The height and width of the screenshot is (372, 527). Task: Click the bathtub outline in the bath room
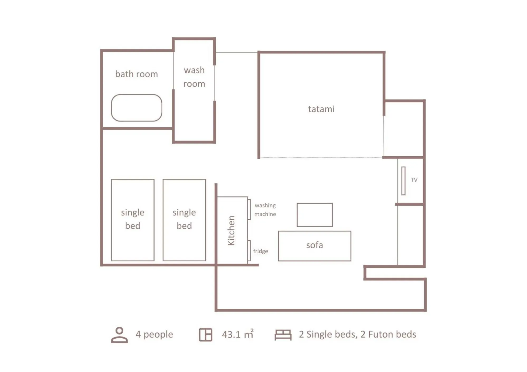(137, 108)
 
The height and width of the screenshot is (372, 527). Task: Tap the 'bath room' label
(137, 74)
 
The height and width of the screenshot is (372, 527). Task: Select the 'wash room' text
(194, 77)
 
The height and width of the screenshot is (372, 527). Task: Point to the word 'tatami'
(321, 109)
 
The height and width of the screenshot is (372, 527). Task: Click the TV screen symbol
(403, 181)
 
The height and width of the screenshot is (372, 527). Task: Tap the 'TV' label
(414, 180)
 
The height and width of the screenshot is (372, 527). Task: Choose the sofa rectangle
(315, 246)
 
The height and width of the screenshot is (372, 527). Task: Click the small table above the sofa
(315, 215)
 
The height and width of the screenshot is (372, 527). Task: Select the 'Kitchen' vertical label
(231, 230)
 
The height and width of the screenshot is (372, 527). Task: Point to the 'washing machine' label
(265, 210)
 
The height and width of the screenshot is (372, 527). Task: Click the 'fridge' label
(260, 251)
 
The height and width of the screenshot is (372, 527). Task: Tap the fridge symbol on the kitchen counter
(249, 250)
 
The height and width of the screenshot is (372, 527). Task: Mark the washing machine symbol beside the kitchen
(249, 209)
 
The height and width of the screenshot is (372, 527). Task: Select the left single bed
(133, 220)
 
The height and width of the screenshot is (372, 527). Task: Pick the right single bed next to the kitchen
(184, 220)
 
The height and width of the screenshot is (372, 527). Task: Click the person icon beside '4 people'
(119, 335)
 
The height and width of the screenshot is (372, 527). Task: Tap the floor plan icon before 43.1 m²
(205, 335)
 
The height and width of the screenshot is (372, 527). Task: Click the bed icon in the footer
(283, 335)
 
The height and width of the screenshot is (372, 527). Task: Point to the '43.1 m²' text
(238, 334)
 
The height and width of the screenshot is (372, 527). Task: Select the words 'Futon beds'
(392, 334)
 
